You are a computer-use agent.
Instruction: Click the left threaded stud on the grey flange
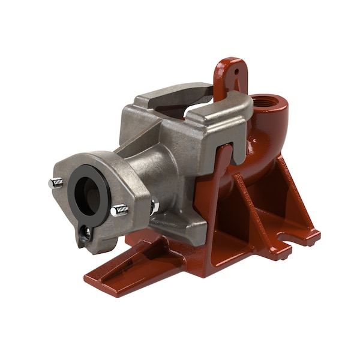click(56, 182)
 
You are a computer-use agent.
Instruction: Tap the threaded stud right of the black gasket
click(120, 211)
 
